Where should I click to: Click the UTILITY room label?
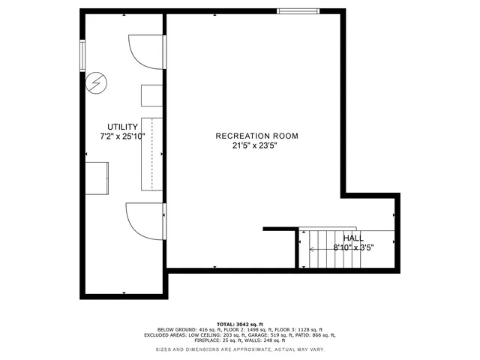click(x=121, y=127)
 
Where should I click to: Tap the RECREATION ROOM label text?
click(x=256, y=136)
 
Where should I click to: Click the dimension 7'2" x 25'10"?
click(x=122, y=136)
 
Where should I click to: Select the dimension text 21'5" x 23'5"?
click(x=256, y=146)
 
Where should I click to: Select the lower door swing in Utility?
click(x=143, y=220)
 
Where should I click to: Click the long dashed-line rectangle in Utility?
click(x=152, y=154)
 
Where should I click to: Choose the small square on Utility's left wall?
click(x=97, y=178)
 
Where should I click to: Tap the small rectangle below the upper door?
click(x=152, y=96)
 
